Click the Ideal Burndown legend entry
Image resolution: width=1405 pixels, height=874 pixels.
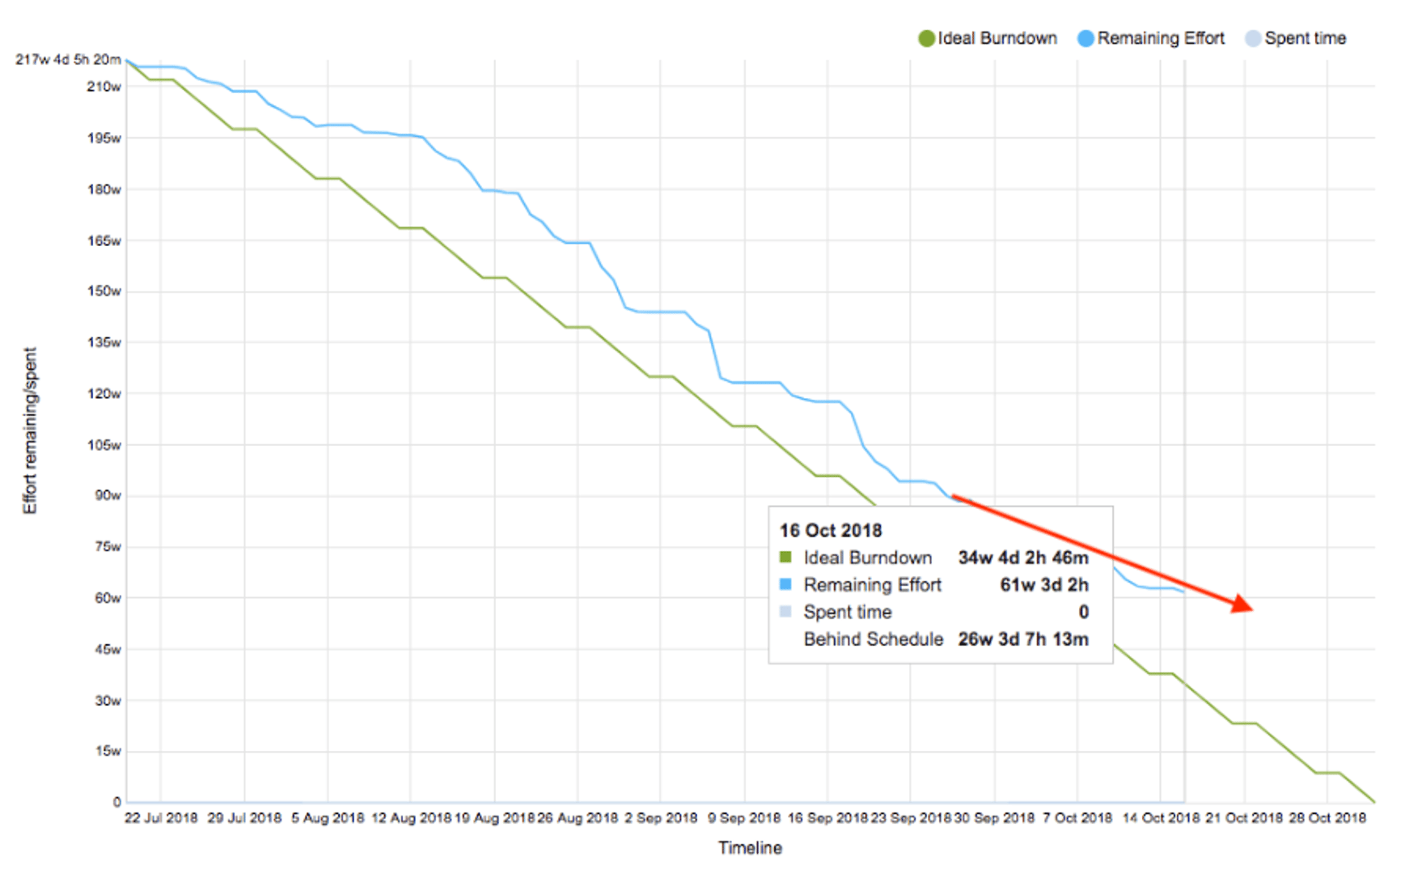point(988,38)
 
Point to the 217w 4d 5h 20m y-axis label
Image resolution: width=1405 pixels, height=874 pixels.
point(68,60)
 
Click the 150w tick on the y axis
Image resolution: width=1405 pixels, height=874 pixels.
point(104,291)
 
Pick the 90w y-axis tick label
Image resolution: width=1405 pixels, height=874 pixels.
point(107,495)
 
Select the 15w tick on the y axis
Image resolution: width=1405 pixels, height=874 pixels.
point(107,751)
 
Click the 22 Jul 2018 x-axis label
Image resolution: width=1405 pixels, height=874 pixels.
point(161,818)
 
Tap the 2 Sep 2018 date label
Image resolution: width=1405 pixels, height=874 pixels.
point(660,818)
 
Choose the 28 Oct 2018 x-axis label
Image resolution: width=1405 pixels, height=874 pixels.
point(1327,818)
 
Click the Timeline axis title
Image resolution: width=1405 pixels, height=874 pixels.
point(750,848)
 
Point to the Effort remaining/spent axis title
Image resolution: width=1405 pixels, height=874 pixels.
point(30,431)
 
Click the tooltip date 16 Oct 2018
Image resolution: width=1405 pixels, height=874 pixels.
point(830,531)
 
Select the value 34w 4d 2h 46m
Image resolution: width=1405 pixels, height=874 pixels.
point(1023,558)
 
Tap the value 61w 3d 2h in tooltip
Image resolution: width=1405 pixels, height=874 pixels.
point(1043,585)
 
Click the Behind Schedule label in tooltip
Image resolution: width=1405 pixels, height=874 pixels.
point(873,639)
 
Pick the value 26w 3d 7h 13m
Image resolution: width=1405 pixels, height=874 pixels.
point(1023,639)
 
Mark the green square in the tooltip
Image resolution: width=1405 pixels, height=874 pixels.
point(785,558)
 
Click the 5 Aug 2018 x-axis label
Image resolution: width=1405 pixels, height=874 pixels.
point(328,818)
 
